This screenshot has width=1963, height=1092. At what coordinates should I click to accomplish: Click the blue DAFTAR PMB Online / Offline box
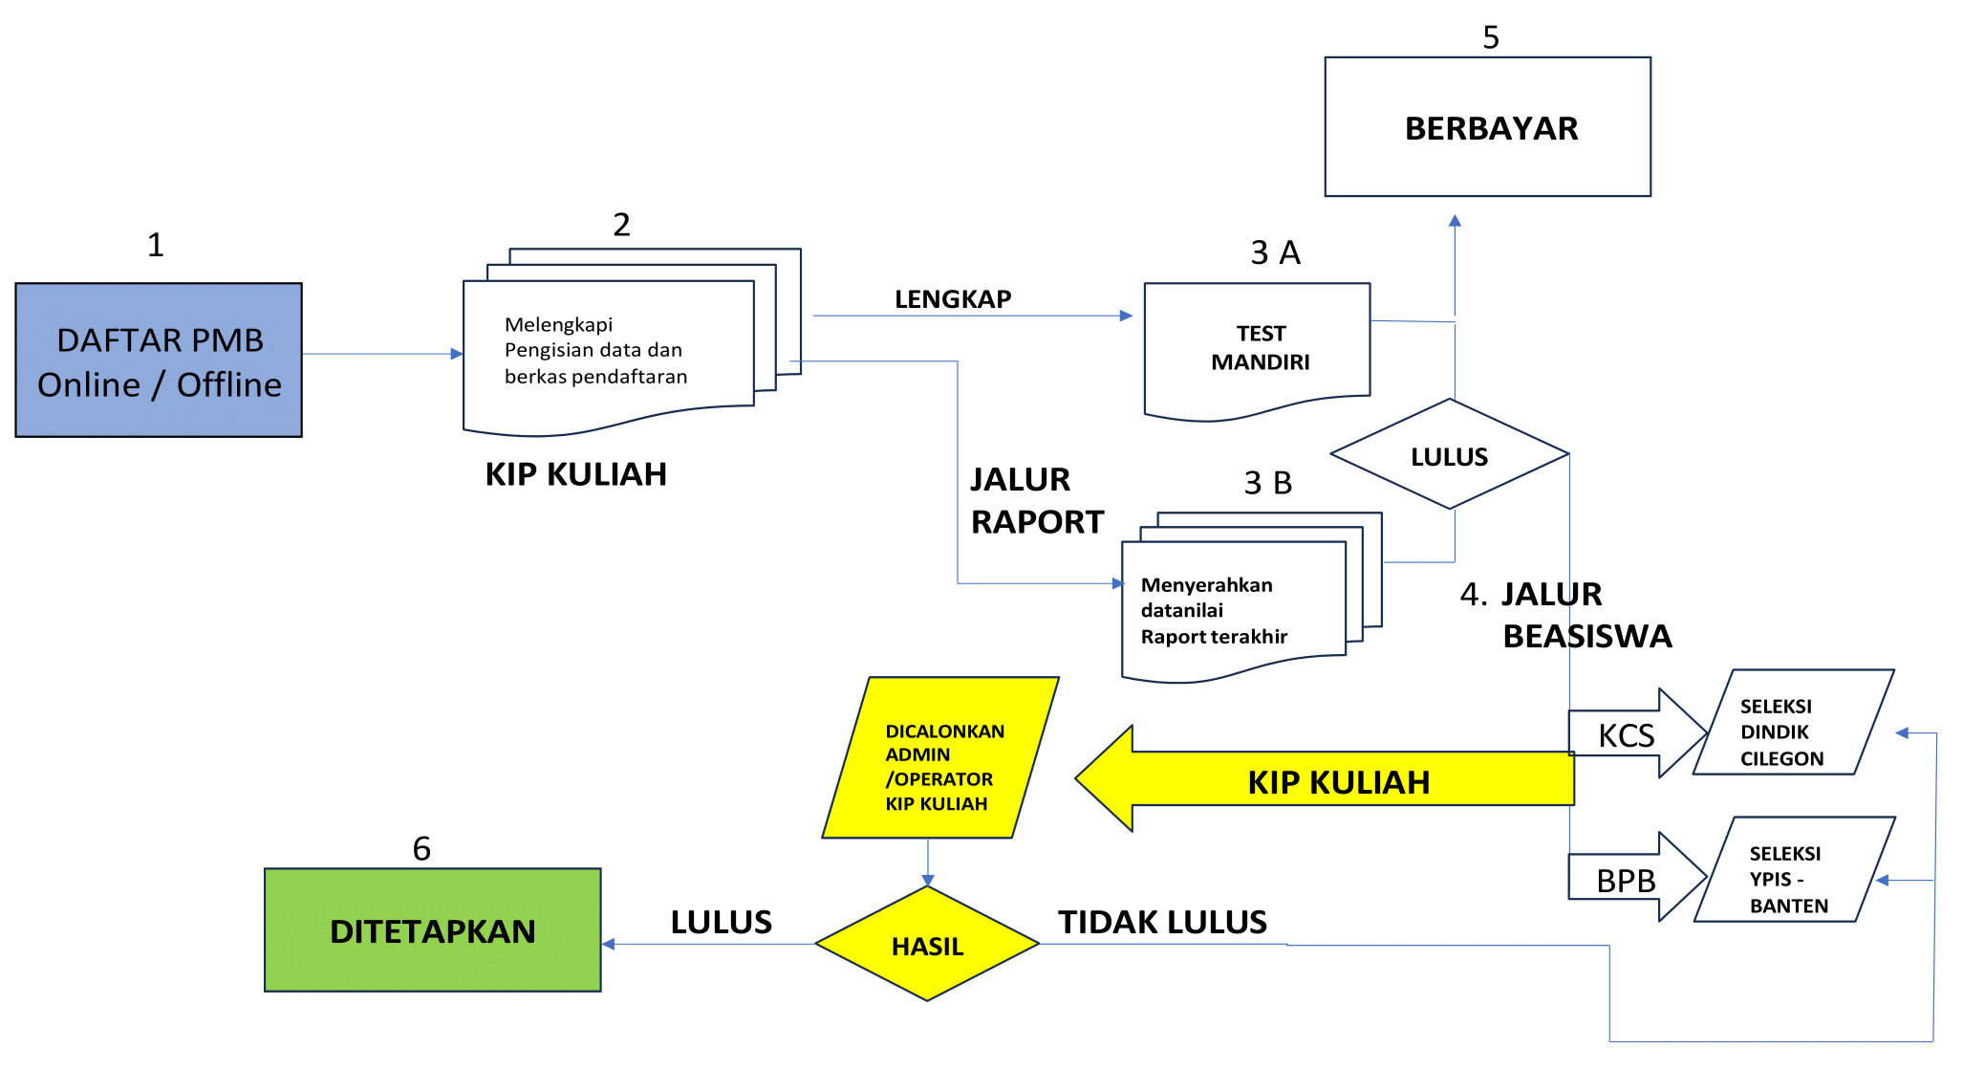pyautogui.click(x=159, y=360)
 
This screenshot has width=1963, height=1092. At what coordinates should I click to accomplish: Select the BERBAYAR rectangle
pyautogui.click(x=1487, y=127)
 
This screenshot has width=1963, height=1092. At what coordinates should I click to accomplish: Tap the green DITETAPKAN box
pyautogui.click(x=432, y=930)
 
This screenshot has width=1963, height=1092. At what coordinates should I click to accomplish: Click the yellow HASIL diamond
pyautogui.click(x=927, y=945)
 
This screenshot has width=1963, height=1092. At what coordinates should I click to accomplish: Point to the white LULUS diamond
pyautogui.click(x=1449, y=455)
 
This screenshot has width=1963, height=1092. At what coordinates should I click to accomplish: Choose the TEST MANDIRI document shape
pyautogui.click(x=1258, y=348)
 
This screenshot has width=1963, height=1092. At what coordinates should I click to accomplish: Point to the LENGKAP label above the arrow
pyautogui.click(x=953, y=299)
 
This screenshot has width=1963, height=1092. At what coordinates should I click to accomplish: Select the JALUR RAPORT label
pyautogui.click(x=1036, y=500)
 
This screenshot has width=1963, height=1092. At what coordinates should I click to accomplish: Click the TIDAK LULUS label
pyautogui.click(x=1162, y=922)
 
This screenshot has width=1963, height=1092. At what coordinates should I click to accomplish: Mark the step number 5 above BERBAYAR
pyautogui.click(x=1490, y=37)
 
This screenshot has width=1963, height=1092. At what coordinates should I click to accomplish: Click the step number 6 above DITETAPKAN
pyautogui.click(x=421, y=848)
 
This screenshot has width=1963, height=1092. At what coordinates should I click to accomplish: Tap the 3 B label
pyautogui.click(x=1268, y=483)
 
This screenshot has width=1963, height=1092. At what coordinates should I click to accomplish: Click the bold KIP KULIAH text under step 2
pyautogui.click(x=575, y=474)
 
